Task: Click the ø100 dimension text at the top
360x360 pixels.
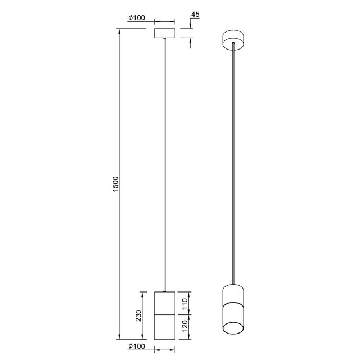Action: pyautogui.click(x=137, y=18)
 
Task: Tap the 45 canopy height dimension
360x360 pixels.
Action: pyautogui.click(x=196, y=13)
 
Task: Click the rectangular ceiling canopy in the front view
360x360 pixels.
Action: pyautogui.click(x=165, y=33)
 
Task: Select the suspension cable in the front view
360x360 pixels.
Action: pyautogui.click(x=165, y=169)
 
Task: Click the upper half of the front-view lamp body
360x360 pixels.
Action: pyautogui.click(x=165, y=303)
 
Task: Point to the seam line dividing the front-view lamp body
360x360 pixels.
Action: pyautogui.click(x=165, y=315)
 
